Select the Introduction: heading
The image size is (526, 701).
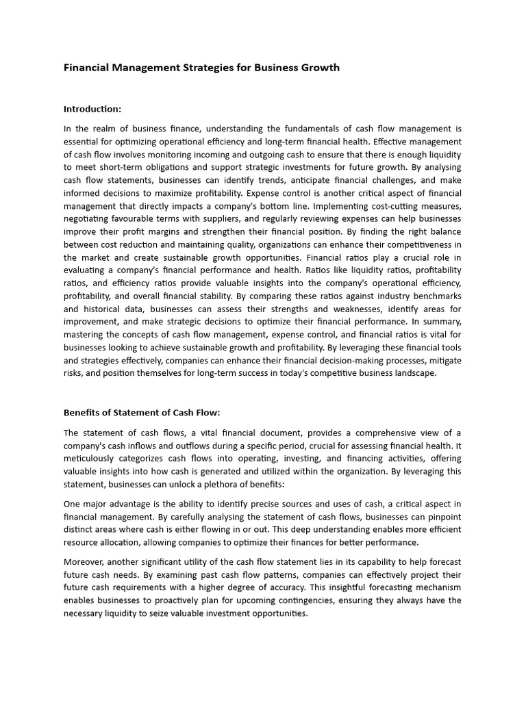coord(92,109)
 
